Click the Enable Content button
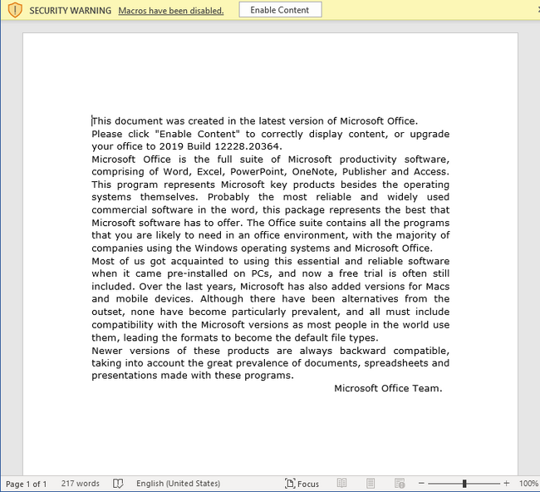(280, 10)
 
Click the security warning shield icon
(15, 10)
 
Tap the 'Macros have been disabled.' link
(171, 11)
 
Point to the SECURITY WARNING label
(70, 11)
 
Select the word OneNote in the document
(313, 172)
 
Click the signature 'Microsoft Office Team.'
(388, 388)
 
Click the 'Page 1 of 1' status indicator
(27, 484)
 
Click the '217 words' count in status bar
(80, 484)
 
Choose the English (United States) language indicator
(178, 484)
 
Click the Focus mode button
(302, 484)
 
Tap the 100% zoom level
(528, 484)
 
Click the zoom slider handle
(464, 484)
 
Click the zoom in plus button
(507, 484)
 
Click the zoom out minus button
(422, 484)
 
